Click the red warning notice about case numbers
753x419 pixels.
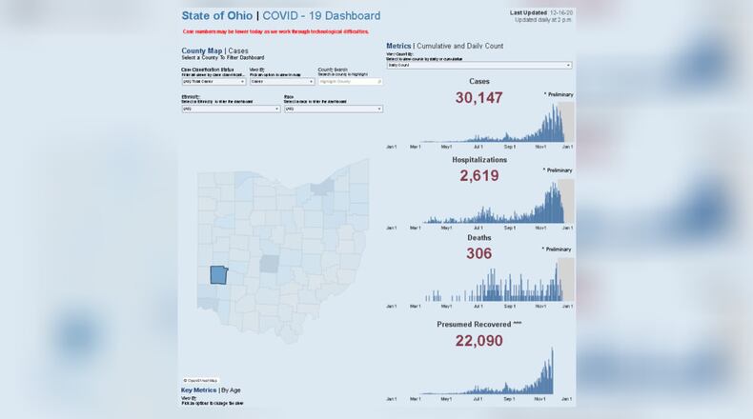(275, 31)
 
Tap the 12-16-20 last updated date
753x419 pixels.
(562, 12)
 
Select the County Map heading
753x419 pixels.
(201, 50)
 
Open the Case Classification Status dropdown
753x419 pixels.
(213, 81)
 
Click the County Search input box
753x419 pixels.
(350, 81)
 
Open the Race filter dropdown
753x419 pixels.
(333, 109)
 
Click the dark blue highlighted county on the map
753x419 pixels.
(218, 275)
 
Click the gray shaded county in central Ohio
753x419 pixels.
(271, 262)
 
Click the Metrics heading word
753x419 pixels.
(398, 46)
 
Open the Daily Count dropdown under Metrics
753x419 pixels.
(478, 66)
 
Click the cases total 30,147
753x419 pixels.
(479, 97)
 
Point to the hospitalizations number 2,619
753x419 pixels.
(479, 175)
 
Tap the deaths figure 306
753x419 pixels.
(479, 253)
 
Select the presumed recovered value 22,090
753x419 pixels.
(478, 340)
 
